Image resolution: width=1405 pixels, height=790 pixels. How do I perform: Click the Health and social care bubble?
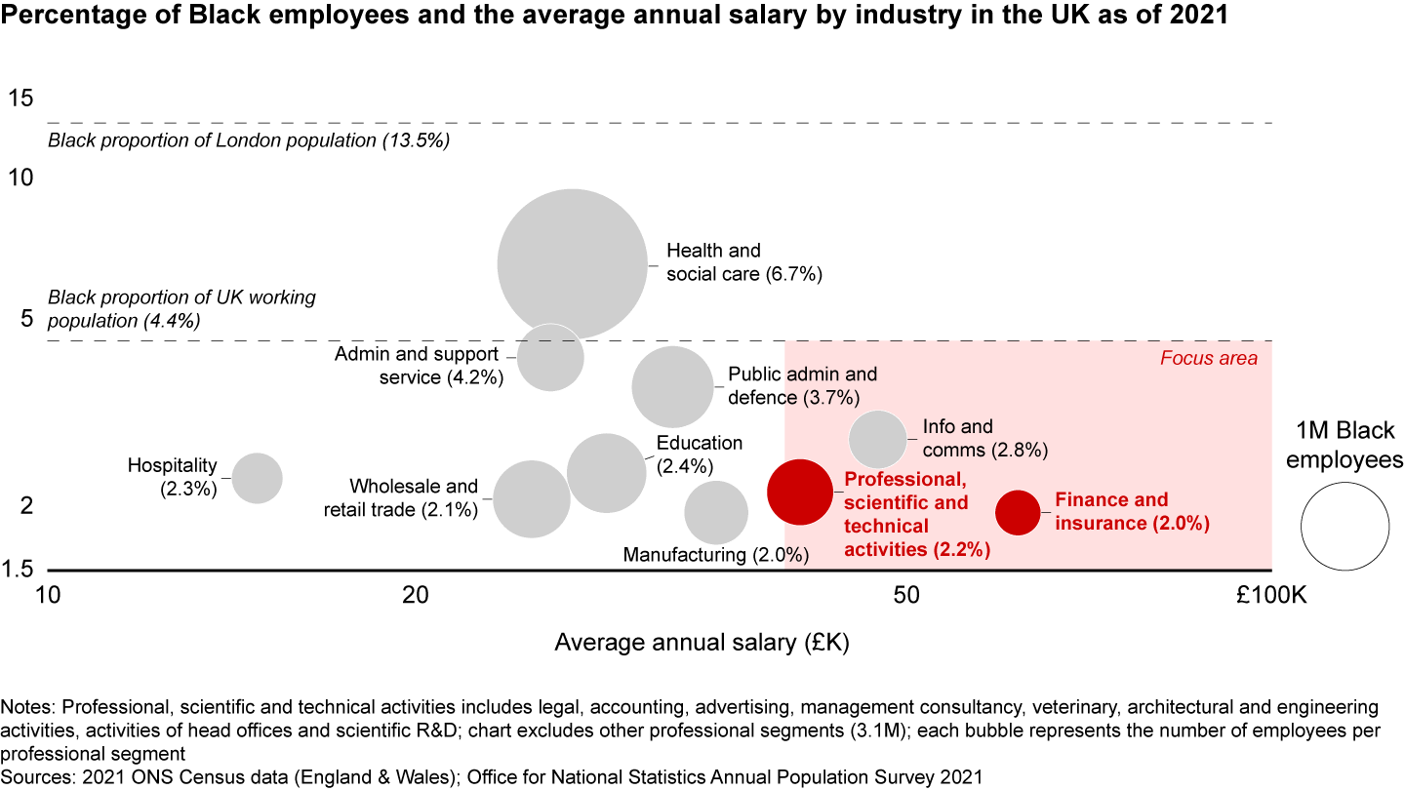click(573, 263)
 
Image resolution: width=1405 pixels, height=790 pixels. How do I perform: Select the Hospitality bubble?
click(258, 478)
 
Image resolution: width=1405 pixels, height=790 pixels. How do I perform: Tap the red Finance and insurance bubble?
click(1018, 512)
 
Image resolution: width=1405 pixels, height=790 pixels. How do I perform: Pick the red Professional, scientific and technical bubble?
click(800, 493)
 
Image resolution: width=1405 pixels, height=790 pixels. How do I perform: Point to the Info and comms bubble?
click(878, 440)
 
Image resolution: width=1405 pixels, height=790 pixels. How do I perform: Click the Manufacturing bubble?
click(716, 513)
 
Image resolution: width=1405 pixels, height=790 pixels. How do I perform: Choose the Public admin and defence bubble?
click(672, 386)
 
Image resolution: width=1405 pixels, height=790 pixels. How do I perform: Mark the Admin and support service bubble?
click(550, 357)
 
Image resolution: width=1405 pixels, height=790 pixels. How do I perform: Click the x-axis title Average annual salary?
click(702, 643)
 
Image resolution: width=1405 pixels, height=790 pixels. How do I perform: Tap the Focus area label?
click(1208, 358)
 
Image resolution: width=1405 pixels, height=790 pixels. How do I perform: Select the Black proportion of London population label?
click(248, 140)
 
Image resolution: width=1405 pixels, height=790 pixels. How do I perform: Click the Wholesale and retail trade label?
click(414, 497)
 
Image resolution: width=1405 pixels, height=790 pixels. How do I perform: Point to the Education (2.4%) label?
click(699, 454)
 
